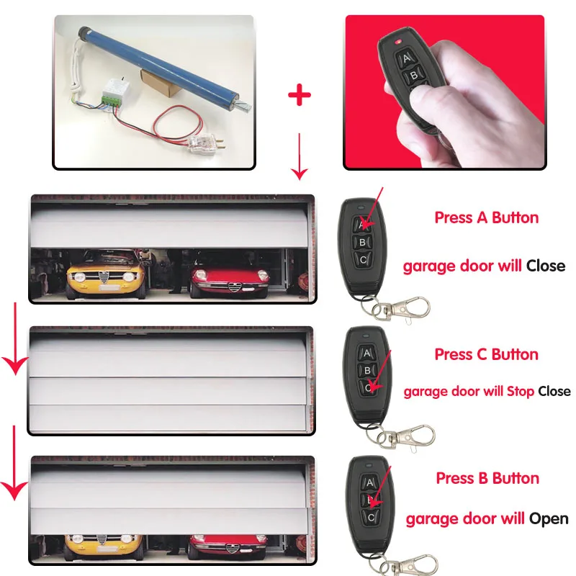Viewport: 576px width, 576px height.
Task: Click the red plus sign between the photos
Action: pos(300,95)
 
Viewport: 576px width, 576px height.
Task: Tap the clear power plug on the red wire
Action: pos(203,143)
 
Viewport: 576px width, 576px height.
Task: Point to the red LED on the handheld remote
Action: pos(398,42)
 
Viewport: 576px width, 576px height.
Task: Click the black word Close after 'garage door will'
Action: pos(546,266)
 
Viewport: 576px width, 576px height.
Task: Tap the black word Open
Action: pos(549,519)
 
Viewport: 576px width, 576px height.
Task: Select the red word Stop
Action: pos(520,392)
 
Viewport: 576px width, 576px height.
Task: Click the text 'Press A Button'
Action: pos(487,217)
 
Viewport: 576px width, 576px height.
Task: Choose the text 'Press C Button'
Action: pos(487,354)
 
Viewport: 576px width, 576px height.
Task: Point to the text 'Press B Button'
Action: pos(487,478)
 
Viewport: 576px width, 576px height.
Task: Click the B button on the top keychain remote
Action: pos(362,242)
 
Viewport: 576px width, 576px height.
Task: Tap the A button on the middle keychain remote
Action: pos(366,354)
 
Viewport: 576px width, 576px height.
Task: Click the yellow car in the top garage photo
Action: pos(106,274)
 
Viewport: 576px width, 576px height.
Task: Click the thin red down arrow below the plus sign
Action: pos(300,156)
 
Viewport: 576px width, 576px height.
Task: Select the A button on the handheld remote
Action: pos(405,58)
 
